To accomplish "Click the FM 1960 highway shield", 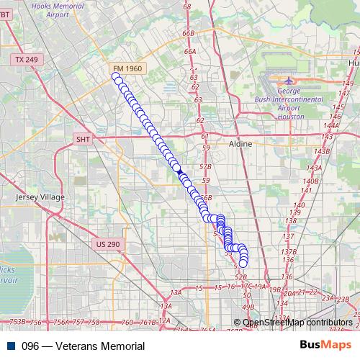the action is (128, 68).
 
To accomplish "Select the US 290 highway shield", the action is (107, 245).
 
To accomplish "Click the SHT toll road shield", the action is (84, 139).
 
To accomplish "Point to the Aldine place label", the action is (240, 144).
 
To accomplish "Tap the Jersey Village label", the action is (40, 197).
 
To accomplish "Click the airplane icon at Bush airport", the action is (289, 81).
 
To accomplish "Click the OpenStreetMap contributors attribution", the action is (297, 323).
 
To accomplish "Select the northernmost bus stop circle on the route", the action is (115, 76).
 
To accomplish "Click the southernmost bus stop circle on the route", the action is (243, 264).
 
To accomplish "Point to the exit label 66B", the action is (189, 32).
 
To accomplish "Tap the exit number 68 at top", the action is (187, 6).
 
